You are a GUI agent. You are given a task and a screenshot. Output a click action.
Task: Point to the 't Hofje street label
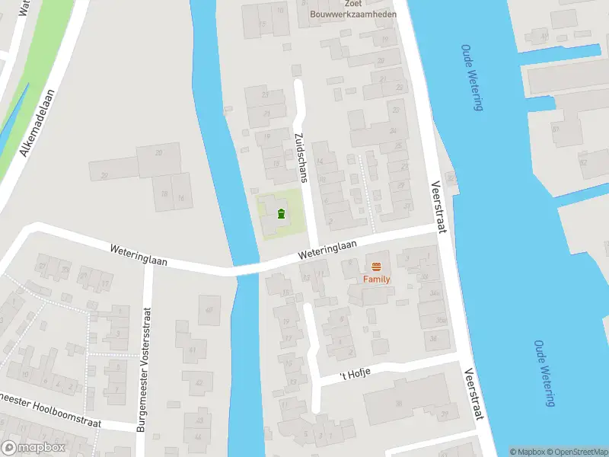click(354, 375)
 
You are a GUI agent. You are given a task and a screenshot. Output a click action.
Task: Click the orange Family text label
click(375, 279)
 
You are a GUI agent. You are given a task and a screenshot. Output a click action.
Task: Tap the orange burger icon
click(376, 266)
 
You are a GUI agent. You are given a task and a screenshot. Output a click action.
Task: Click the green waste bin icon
click(281, 213)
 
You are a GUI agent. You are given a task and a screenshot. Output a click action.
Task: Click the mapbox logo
click(33, 448)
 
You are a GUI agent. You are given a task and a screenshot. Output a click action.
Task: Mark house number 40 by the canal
click(208, 309)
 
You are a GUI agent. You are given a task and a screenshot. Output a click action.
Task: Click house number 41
click(193, 350)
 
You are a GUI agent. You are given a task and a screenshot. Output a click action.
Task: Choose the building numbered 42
click(199, 384)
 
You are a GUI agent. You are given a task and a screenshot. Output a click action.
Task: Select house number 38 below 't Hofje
click(398, 404)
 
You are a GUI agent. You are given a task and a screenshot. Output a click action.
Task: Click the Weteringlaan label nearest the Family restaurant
click(328, 248)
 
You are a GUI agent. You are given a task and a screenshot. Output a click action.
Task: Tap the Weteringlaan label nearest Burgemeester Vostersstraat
click(138, 254)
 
